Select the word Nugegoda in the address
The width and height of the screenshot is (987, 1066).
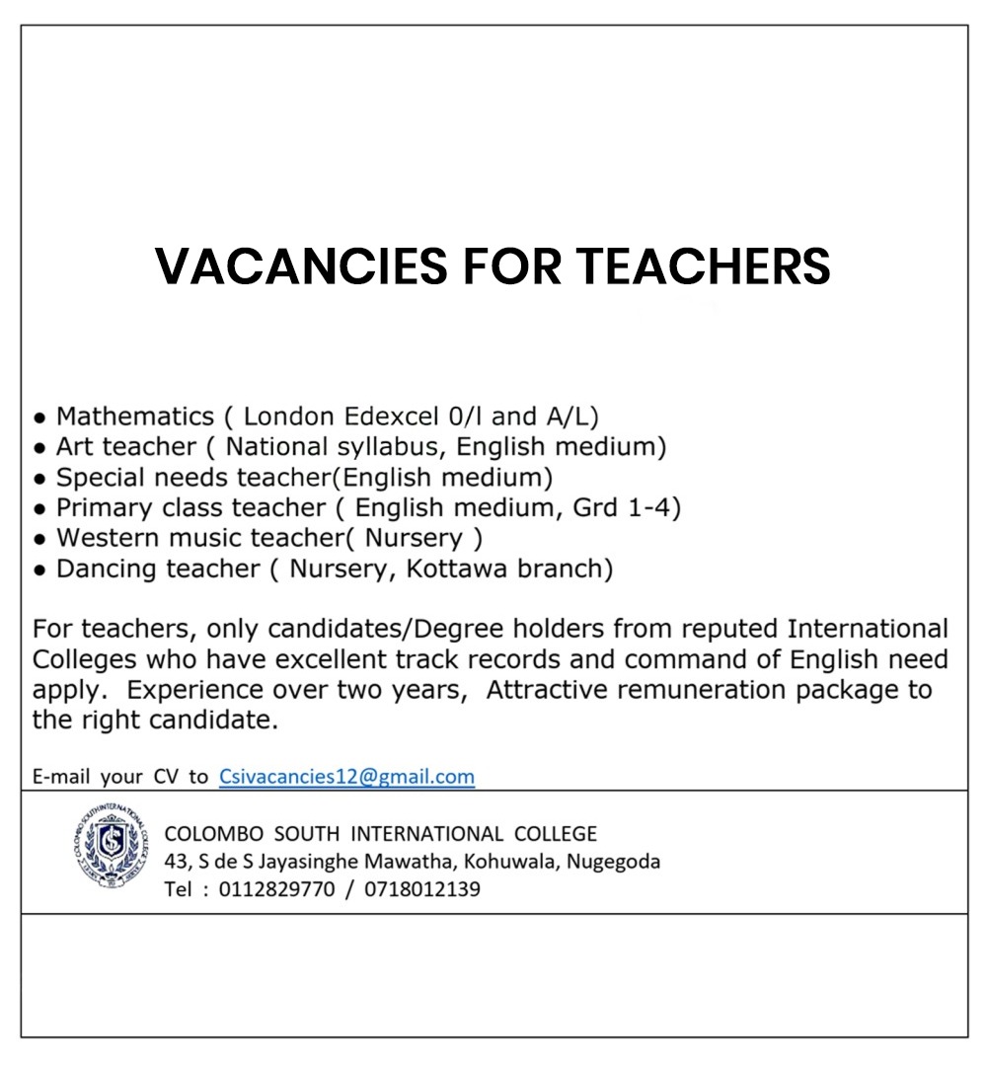click(x=615, y=862)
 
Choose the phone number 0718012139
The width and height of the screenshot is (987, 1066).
click(x=422, y=889)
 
